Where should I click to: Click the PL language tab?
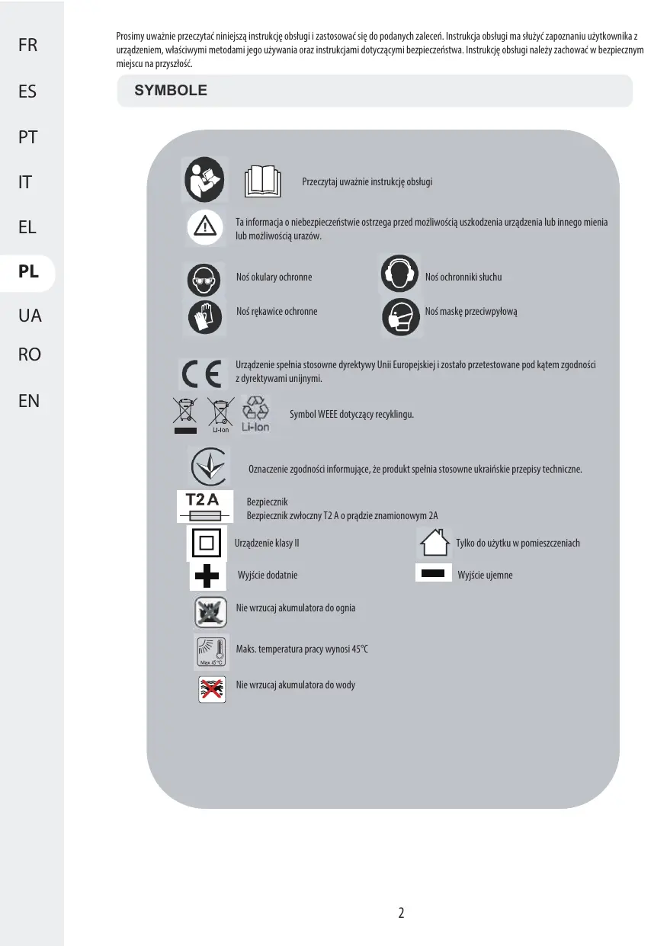pyautogui.click(x=28, y=272)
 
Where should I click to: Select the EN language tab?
pyautogui.click(x=28, y=400)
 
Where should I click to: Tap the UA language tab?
pyautogui.click(x=28, y=315)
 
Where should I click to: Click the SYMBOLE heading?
pyautogui.click(x=171, y=90)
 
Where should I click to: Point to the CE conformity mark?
pyautogui.click(x=200, y=373)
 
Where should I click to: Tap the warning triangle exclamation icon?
pyautogui.click(x=205, y=226)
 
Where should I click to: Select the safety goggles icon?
pyautogui.click(x=204, y=279)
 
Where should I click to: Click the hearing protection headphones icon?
pyautogui.click(x=399, y=276)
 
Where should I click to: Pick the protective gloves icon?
pyautogui.click(x=204, y=316)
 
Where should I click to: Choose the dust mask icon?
pyautogui.click(x=400, y=315)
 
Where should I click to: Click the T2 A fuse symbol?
pyautogui.click(x=203, y=506)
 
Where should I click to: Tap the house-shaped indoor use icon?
pyautogui.click(x=433, y=542)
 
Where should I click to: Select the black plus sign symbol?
pyautogui.click(x=207, y=575)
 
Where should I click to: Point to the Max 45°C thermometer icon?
pyautogui.click(x=209, y=649)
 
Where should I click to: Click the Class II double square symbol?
pyautogui.click(x=206, y=544)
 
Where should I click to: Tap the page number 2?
pyautogui.click(x=401, y=912)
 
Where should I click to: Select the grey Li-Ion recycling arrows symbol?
pyautogui.click(x=256, y=414)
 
